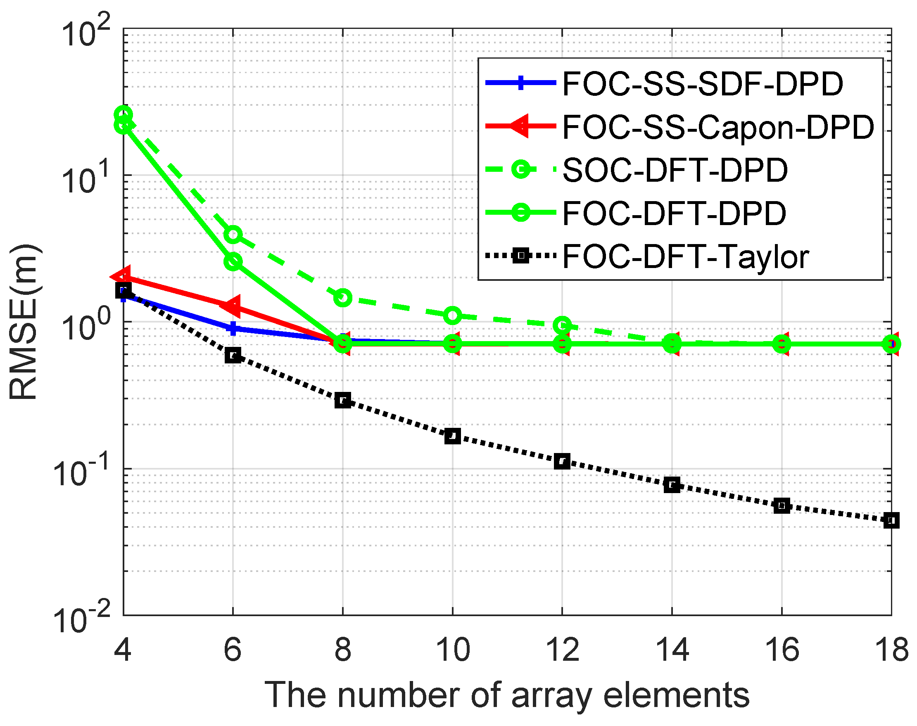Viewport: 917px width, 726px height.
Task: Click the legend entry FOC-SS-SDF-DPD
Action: [702, 84]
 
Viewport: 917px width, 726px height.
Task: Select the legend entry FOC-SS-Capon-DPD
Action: [717, 127]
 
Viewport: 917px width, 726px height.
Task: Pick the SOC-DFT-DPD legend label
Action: [675, 170]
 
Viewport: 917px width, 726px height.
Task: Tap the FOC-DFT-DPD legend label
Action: [674, 213]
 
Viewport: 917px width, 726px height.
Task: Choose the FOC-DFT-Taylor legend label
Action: [685, 256]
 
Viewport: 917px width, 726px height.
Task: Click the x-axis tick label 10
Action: [453, 650]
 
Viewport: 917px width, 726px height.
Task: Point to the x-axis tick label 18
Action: [891, 650]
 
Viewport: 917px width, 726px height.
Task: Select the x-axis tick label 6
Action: [233, 650]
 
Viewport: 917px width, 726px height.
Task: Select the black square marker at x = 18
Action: [891, 520]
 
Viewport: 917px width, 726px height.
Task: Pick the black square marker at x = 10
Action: [452, 436]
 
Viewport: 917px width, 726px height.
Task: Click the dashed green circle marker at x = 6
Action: [233, 234]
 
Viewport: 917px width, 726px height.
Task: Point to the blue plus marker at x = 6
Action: [233, 328]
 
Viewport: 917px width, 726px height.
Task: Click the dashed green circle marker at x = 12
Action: [562, 325]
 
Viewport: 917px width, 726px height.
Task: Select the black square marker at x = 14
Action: [672, 484]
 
